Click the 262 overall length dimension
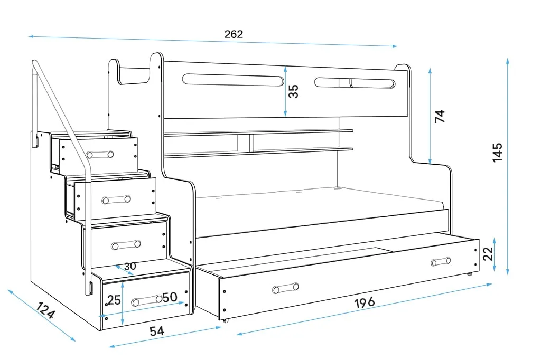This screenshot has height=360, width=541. (234, 34)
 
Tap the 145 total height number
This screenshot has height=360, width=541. (497, 152)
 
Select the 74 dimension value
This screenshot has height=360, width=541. (440, 116)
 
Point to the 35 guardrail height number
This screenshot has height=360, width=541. (294, 91)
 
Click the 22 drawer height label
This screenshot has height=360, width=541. (489, 254)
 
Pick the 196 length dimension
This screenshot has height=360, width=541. (364, 302)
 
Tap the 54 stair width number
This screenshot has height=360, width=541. (157, 331)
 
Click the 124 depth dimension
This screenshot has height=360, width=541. (46, 311)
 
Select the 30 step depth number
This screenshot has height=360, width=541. (130, 266)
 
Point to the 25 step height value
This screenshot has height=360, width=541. (114, 300)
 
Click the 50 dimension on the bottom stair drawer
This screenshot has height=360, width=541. (169, 297)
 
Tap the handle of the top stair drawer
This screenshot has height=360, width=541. (100, 155)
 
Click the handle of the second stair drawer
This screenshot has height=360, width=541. (117, 200)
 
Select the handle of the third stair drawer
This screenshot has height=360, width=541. (126, 244)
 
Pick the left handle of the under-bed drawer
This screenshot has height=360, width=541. (285, 288)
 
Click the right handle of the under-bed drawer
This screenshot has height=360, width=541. (440, 261)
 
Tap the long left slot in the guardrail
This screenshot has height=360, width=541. (232, 80)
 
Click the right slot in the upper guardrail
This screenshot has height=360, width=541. (355, 83)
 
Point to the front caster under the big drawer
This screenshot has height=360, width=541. (226, 320)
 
